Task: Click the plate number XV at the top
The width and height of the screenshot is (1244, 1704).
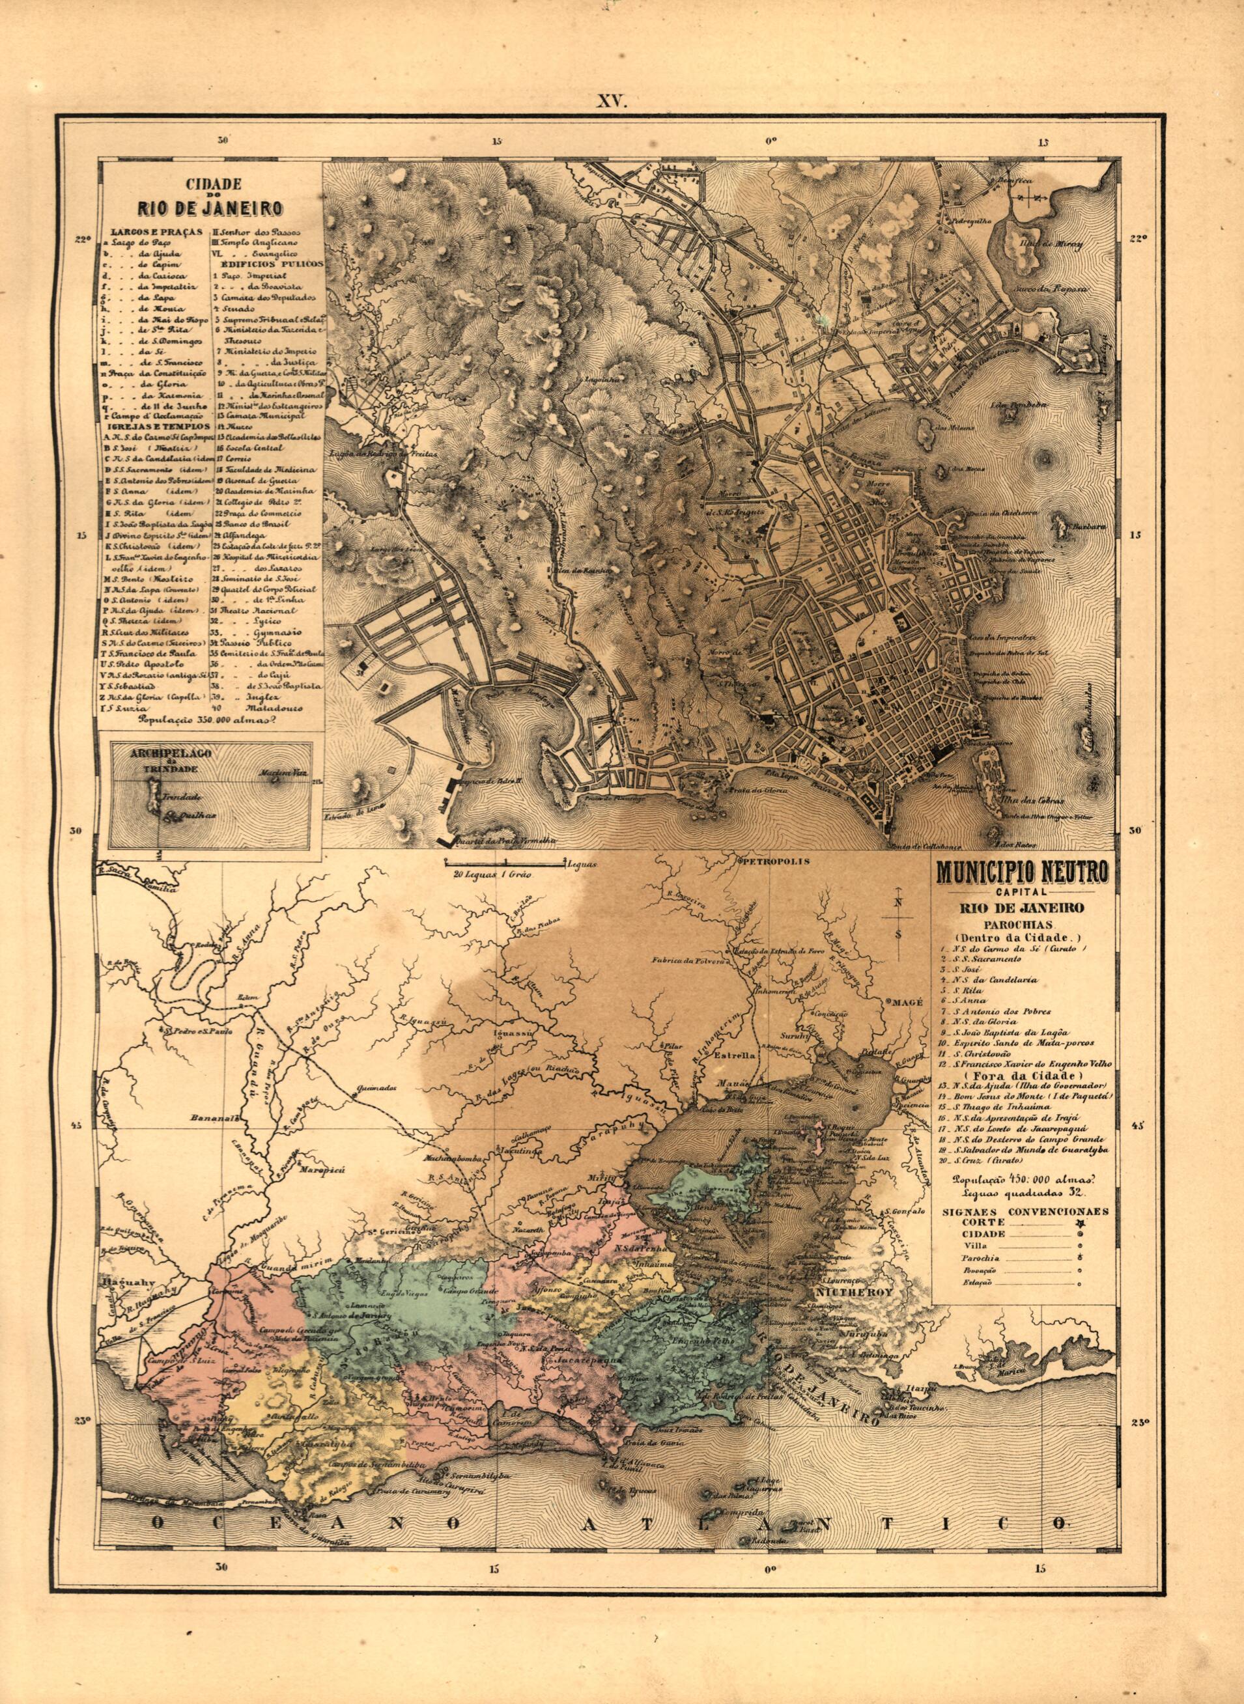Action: click(612, 102)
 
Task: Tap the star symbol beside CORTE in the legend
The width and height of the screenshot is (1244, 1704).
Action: click(1080, 1225)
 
